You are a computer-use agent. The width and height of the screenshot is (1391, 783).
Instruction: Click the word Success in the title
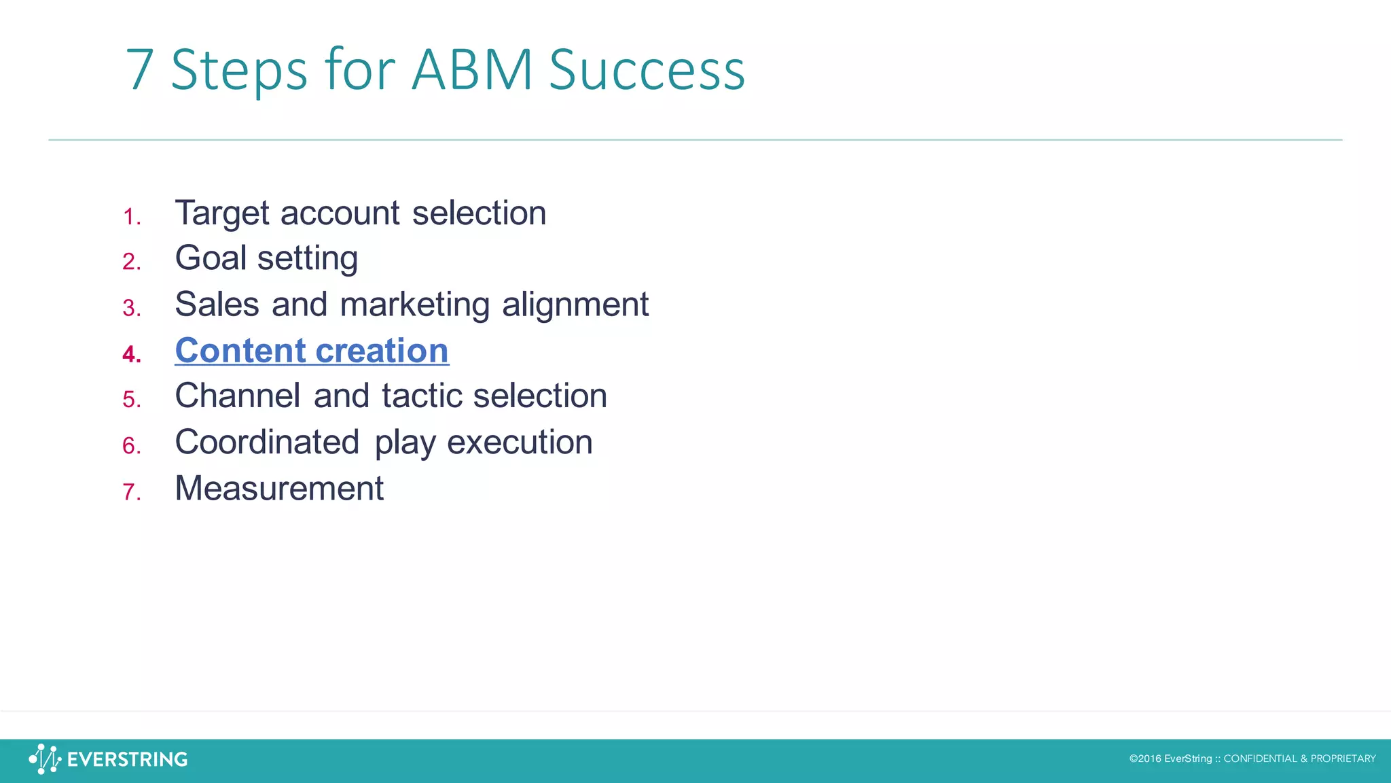pyautogui.click(x=647, y=70)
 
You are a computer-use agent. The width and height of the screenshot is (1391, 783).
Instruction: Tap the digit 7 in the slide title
pyautogui.click(x=140, y=70)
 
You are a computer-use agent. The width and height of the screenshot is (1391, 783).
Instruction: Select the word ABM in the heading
pyautogui.click(x=472, y=70)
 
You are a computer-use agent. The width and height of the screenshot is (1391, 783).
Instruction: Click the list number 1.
pyautogui.click(x=131, y=217)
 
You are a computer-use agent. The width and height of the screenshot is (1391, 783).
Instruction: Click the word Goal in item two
pyautogui.click(x=211, y=258)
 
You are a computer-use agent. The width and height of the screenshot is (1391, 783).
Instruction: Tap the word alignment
pyautogui.click(x=575, y=304)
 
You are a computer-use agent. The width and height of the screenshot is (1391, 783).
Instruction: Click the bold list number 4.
pyautogui.click(x=131, y=354)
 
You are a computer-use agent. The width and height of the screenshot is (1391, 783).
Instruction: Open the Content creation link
pyautogui.click(x=312, y=351)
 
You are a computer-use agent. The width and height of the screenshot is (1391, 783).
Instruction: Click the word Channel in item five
pyautogui.click(x=238, y=396)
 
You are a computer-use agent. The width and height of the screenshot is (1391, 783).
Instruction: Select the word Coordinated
pyautogui.click(x=267, y=442)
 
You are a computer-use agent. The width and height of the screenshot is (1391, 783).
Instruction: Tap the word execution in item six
pyautogui.click(x=520, y=442)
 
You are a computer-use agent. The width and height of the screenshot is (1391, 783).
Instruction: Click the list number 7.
pyautogui.click(x=131, y=492)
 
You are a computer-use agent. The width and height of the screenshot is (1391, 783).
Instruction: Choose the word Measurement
pyautogui.click(x=279, y=489)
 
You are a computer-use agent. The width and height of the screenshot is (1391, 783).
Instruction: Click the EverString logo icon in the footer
pyautogui.click(x=45, y=759)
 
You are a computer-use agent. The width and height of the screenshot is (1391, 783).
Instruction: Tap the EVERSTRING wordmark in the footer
pyautogui.click(x=127, y=759)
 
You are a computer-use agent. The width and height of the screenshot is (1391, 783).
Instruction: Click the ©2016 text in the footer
pyautogui.click(x=1145, y=759)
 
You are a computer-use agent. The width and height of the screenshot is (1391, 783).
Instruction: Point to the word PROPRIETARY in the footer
pyautogui.click(x=1343, y=759)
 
